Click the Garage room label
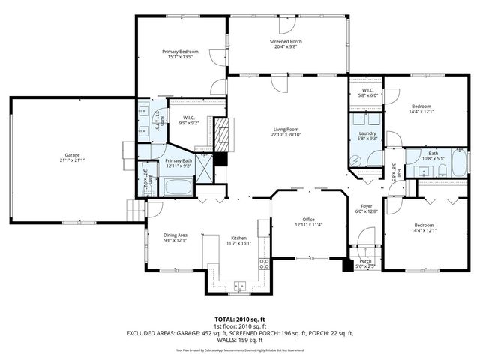(x=72, y=155)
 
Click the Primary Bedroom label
(x=180, y=51)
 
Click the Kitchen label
(x=238, y=237)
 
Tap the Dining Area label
(x=175, y=235)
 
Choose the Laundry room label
(x=366, y=133)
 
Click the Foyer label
(x=366, y=206)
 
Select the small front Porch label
(x=366, y=260)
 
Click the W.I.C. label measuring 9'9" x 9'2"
(x=189, y=118)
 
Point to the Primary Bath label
(x=178, y=161)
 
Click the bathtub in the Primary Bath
(x=178, y=186)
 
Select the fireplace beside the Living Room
(x=220, y=136)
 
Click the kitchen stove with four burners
(x=264, y=263)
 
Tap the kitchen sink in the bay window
(x=240, y=285)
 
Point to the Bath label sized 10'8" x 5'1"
(x=433, y=153)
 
